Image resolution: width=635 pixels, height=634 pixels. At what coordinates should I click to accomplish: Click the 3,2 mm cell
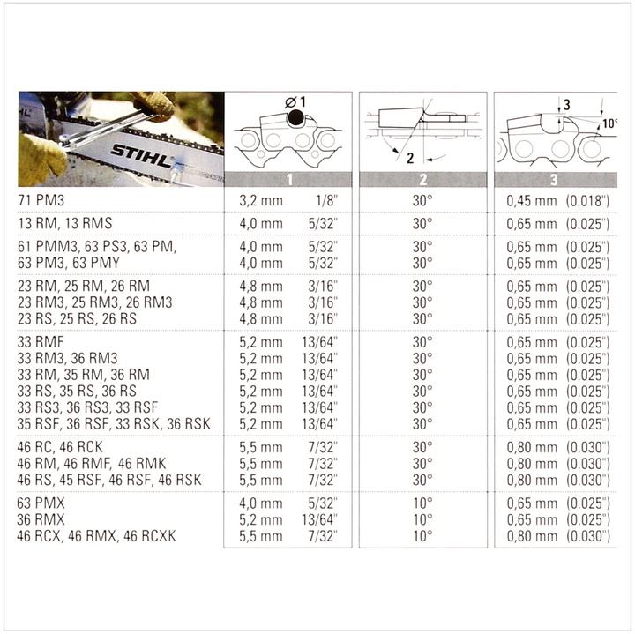pos(261,202)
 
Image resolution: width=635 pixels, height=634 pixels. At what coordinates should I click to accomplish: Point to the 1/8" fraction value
pos(324,202)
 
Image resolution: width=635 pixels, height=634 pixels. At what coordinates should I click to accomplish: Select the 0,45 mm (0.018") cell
pos(557,202)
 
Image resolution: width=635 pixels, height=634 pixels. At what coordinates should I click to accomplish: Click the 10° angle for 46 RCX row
pos(422,535)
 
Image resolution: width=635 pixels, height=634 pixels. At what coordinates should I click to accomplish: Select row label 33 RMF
pos(41,342)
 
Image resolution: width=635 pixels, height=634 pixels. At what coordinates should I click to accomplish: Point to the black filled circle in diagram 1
pos(294,117)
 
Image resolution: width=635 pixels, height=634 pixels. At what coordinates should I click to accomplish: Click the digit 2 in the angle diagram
pos(411,158)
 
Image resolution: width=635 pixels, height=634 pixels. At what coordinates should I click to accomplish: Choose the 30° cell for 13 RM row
pos(422,223)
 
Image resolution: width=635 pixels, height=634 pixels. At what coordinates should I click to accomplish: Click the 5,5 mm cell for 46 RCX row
pos(261,535)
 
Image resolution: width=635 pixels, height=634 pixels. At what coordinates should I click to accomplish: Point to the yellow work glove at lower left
pos(40,159)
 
